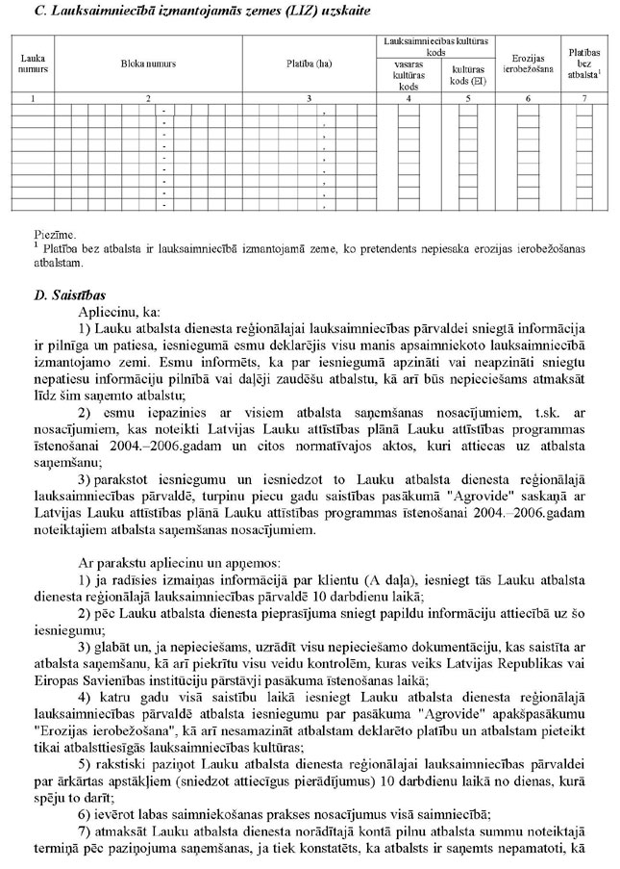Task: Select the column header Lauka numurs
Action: pos(34,64)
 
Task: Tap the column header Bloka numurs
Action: pos(147,64)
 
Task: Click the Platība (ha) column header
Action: pos(309,64)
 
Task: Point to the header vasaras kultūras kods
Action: pos(409,71)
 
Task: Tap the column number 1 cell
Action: pos(34,98)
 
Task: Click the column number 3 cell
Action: pos(309,98)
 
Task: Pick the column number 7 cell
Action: pos(585,98)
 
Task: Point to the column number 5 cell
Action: pos(467,98)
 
